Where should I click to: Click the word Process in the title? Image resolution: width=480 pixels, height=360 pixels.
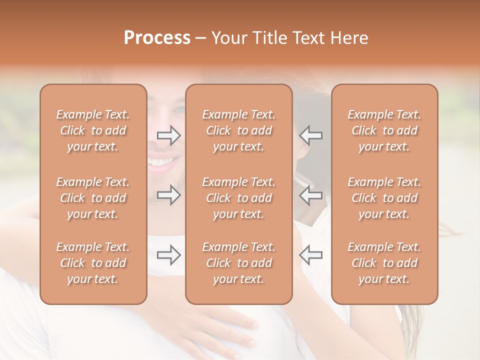tap(157, 38)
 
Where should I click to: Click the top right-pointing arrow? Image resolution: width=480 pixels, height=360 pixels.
tap(169, 135)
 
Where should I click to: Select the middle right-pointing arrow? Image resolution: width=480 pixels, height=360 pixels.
tap(169, 195)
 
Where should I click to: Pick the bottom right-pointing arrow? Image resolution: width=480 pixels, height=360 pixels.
tap(169, 255)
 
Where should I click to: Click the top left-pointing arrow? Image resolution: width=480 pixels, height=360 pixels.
tap(311, 135)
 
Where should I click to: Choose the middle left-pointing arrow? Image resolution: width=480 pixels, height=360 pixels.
tap(311, 195)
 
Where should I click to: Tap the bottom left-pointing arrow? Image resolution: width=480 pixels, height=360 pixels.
tap(311, 255)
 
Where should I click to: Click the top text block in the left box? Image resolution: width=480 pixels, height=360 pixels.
tap(93, 130)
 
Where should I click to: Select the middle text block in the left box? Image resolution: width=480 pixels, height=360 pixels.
tap(93, 198)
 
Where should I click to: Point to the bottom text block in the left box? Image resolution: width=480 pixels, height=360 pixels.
tap(93, 263)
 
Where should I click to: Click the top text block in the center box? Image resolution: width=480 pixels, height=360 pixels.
tap(239, 130)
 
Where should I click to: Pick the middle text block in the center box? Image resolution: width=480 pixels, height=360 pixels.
tap(239, 198)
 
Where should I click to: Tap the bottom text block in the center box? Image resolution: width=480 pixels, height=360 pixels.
tap(239, 263)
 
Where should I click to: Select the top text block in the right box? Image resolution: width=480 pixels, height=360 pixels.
tap(384, 130)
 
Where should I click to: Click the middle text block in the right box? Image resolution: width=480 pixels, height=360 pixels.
tap(384, 198)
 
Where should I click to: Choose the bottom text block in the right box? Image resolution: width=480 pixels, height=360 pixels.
tap(384, 263)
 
